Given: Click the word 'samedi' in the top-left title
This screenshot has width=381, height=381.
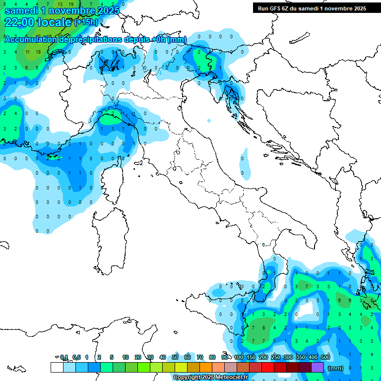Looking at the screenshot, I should tap(20, 10).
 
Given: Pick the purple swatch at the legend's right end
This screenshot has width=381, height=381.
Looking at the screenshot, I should tap(317, 368).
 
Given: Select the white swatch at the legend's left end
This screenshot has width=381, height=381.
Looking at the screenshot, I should tap(57, 368).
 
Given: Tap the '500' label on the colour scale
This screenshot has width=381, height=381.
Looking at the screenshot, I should tap(325, 357).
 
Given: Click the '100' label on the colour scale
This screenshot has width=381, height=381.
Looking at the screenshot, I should tap(239, 357).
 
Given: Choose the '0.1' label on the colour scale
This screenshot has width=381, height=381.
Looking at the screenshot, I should tap(64, 357).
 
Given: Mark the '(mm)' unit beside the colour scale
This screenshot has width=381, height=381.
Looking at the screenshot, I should tap(336, 368).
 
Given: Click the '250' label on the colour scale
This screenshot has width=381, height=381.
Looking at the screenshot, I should tap(276, 357).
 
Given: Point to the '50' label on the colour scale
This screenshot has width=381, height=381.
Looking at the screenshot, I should tap(175, 357).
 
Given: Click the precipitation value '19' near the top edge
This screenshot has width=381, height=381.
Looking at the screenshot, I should tap(71, 4).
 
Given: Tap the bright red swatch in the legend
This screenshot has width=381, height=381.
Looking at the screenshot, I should tap(268, 368).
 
